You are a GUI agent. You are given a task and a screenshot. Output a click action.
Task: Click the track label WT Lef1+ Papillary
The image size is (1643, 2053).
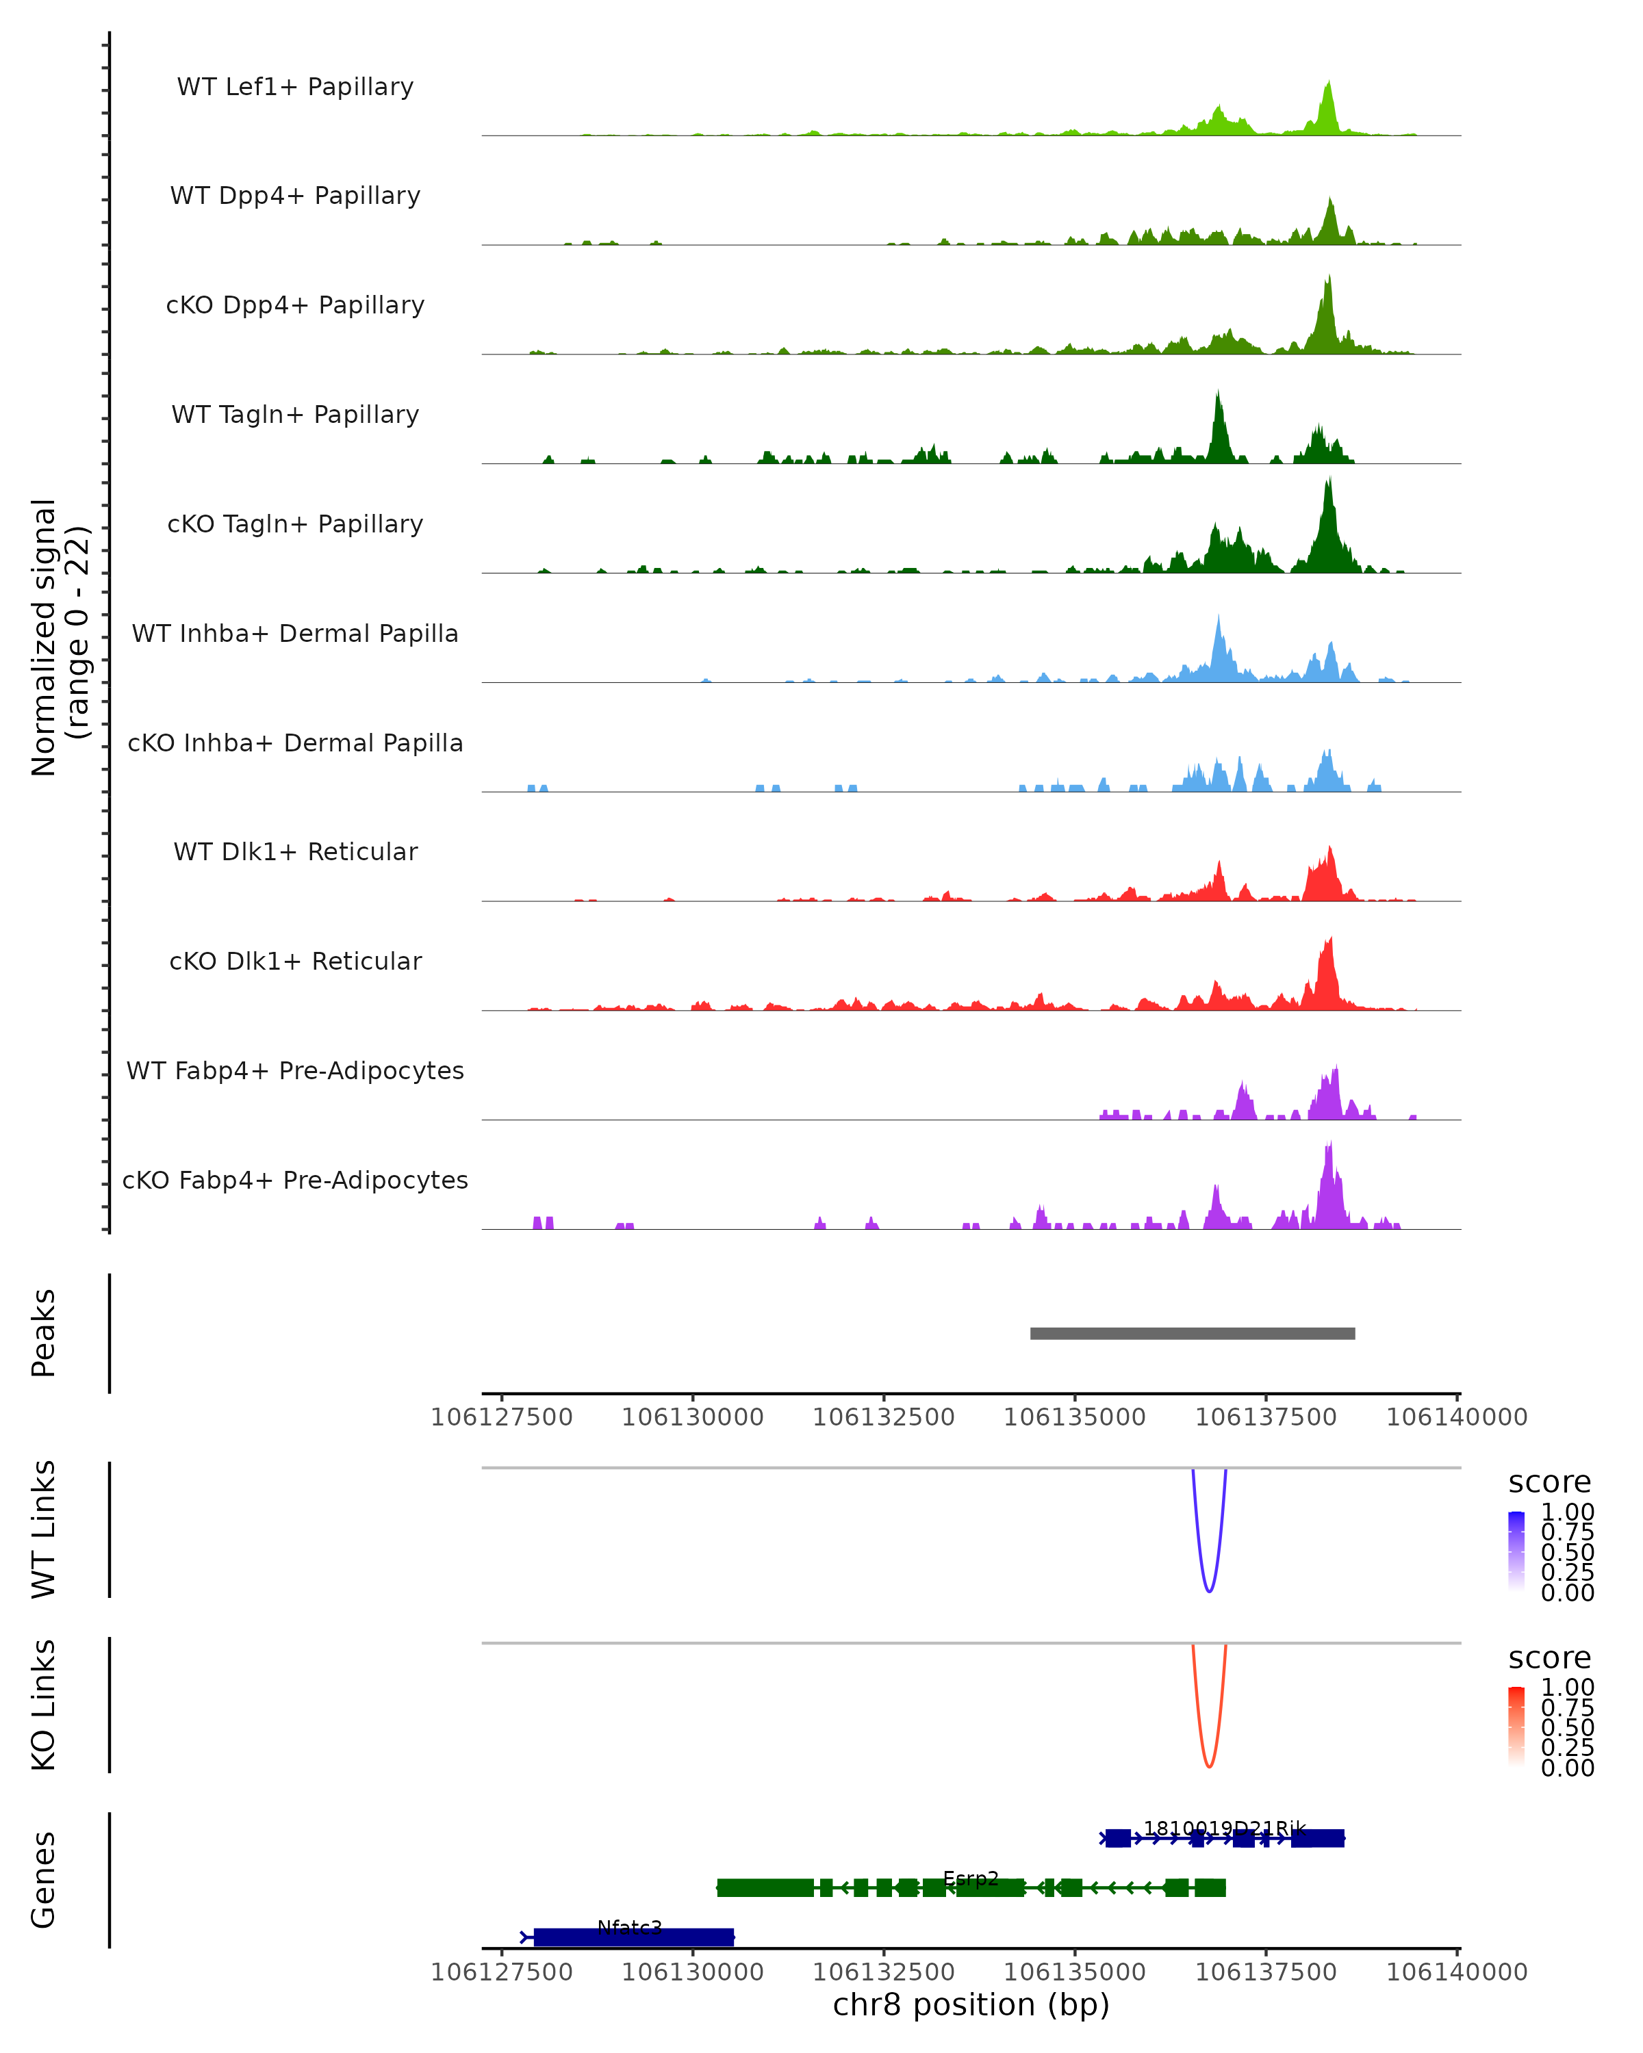pyautogui.click(x=295, y=87)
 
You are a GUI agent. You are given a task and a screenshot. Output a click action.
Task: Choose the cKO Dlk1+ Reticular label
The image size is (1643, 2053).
pyautogui.click(x=295, y=961)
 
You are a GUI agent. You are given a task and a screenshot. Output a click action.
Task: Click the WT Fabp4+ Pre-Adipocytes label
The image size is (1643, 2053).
pyautogui.click(x=295, y=1070)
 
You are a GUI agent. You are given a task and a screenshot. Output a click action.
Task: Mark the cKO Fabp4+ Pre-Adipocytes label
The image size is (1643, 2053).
pyautogui.click(x=295, y=1180)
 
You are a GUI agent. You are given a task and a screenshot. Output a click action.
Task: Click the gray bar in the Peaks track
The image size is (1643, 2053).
pyautogui.click(x=1192, y=1333)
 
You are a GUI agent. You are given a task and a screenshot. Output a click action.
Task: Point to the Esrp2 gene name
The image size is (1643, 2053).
pyautogui.click(x=971, y=1878)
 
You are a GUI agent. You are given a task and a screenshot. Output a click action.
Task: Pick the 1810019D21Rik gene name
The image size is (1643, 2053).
pyautogui.click(x=1224, y=1829)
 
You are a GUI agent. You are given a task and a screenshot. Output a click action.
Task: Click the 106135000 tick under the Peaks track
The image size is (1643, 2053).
pyautogui.click(x=1075, y=1417)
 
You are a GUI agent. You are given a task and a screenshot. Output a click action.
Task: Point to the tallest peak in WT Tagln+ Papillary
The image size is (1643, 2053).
pyautogui.click(x=1218, y=392)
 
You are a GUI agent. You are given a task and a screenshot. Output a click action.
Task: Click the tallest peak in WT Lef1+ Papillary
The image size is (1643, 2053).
pyautogui.click(x=1329, y=83)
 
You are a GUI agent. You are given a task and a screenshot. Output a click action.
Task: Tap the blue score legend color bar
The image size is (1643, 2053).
pyautogui.click(x=1516, y=1551)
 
